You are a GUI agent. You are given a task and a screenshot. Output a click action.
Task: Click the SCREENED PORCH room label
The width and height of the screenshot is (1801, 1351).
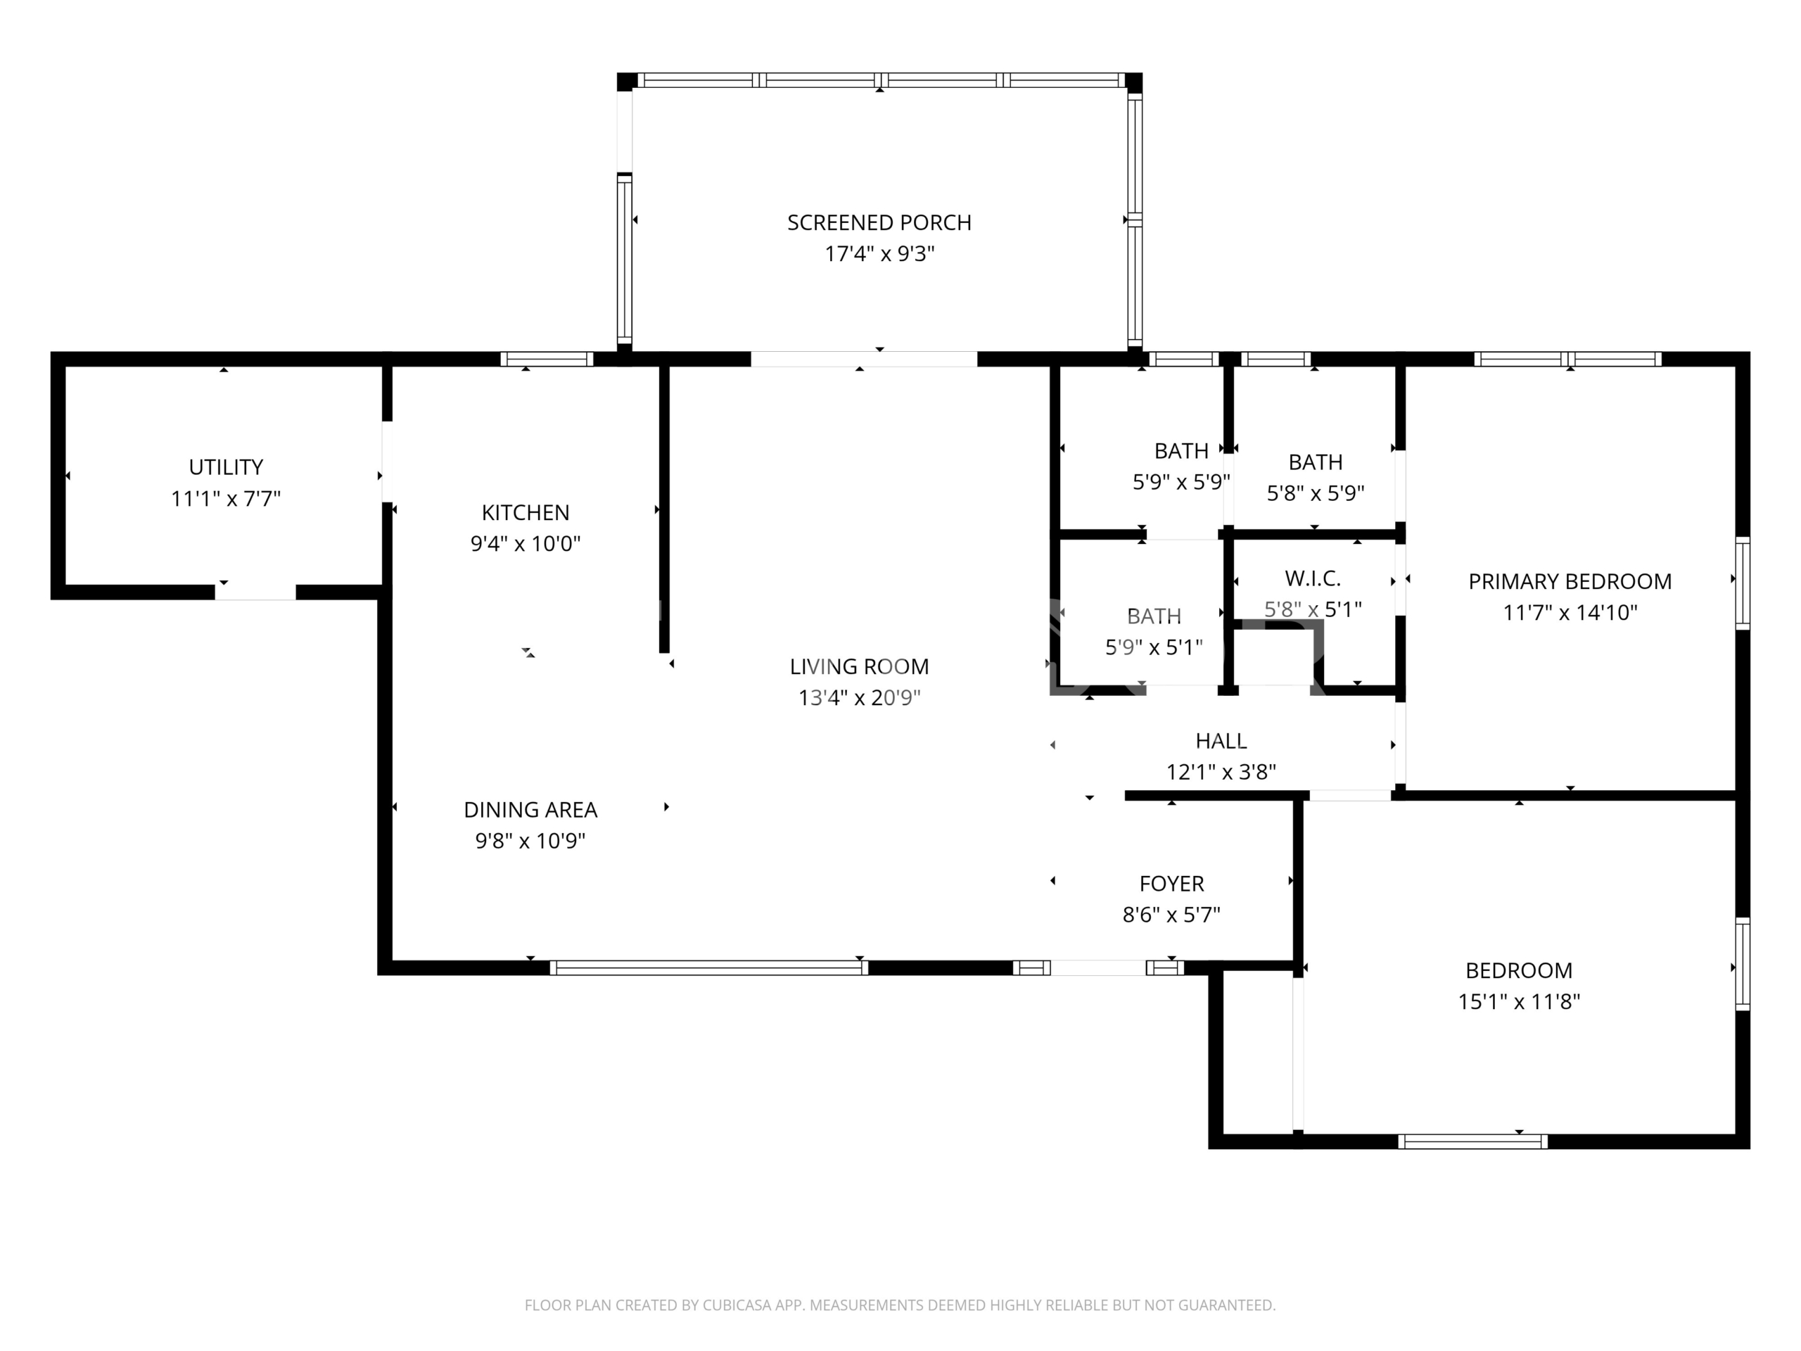point(879,222)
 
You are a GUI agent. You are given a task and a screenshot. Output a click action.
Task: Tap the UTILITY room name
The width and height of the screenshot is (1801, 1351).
point(226,467)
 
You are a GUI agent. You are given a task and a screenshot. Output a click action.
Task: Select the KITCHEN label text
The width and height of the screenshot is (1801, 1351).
point(525,513)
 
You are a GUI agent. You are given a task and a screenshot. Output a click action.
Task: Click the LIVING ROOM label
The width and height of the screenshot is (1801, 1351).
point(859,667)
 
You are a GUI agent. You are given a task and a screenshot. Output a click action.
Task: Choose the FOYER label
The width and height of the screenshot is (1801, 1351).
point(1171,884)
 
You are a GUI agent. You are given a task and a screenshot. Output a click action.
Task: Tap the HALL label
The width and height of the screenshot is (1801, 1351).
point(1221,741)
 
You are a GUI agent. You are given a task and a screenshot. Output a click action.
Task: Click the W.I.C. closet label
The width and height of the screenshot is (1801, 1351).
point(1313,579)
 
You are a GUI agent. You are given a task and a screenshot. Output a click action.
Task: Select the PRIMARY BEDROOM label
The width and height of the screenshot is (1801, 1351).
point(1570,582)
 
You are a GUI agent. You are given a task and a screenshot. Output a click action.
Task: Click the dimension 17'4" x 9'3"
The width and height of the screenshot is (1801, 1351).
point(879,254)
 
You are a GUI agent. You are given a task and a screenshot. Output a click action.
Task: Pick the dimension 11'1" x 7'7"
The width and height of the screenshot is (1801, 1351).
point(226,498)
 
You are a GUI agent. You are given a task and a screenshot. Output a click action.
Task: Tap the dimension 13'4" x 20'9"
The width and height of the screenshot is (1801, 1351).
point(859,698)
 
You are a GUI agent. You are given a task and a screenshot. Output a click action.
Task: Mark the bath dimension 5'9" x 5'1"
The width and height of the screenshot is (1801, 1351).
point(1154,647)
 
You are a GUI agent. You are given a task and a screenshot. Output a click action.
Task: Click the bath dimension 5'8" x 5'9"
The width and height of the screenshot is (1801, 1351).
point(1316,493)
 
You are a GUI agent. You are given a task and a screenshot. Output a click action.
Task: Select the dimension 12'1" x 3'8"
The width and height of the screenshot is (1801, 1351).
point(1221,772)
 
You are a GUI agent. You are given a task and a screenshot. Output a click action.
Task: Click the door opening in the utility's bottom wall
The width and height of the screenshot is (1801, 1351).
point(255,592)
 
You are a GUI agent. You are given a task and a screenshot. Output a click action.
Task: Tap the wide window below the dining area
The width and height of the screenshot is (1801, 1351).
point(708,968)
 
